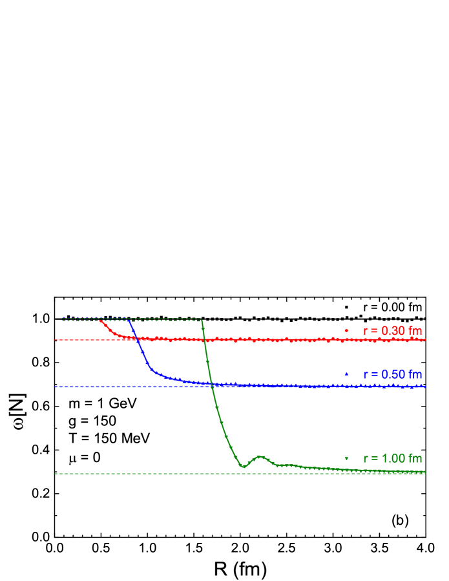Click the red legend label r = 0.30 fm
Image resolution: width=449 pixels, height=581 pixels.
pos(392,331)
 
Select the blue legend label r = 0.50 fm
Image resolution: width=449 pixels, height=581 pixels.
pos(392,374)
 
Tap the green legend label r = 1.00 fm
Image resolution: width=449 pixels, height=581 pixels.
pos(392,458)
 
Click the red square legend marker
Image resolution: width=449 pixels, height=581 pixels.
pos(346,331)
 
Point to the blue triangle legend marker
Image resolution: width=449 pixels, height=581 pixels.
pos(346,374)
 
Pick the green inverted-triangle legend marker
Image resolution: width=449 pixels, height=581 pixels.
pos(346,458)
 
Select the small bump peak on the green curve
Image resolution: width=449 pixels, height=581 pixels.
pos(260,456)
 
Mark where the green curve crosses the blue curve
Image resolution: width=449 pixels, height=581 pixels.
pos(212,385)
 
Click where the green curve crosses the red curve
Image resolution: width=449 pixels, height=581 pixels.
pos(205,339)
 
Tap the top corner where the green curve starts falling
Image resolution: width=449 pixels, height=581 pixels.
pos(202,319)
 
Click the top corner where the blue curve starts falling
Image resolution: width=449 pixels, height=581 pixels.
pos(130,320)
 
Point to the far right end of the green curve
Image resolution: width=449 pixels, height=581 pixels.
pos(424,472)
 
